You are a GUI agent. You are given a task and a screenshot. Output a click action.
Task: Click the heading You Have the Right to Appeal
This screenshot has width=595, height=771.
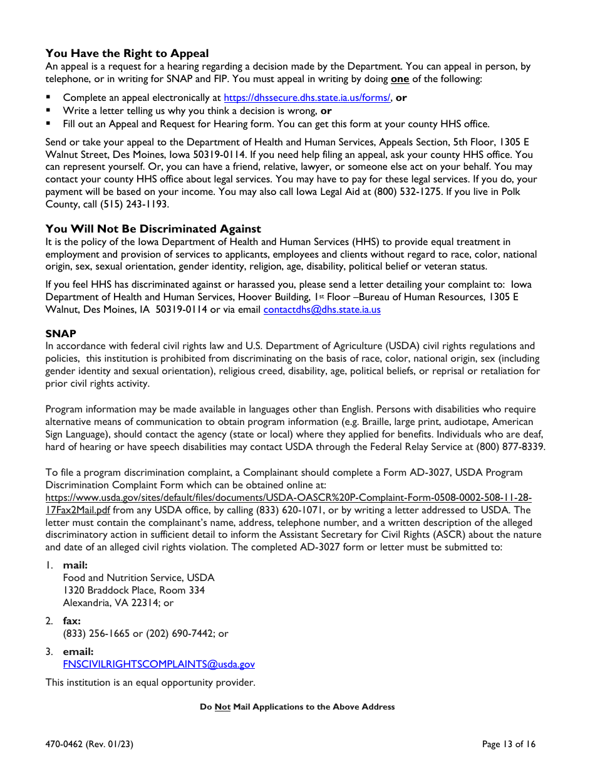pos(127,53)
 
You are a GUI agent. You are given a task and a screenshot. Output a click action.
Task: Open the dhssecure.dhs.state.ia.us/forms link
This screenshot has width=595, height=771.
pos(308,98)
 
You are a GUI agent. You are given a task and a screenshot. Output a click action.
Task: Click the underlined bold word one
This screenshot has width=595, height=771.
pos(400,79)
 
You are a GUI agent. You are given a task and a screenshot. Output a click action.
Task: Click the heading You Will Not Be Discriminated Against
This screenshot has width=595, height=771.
pos(153,229)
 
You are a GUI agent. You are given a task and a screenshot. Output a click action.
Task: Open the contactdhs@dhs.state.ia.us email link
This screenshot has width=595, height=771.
pos(322,310)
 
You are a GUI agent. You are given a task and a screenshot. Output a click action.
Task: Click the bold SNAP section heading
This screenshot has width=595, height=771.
pos(61,333)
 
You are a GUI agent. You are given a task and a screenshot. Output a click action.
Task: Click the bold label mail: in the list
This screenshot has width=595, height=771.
pos(75,565)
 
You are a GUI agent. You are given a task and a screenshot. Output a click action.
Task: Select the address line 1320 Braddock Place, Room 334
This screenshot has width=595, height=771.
pos(133,590)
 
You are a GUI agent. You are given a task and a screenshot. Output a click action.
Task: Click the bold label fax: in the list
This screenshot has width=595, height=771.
pos(71,621)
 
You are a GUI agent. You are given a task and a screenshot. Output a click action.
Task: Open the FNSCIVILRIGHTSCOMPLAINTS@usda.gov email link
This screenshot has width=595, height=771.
pos(158,664)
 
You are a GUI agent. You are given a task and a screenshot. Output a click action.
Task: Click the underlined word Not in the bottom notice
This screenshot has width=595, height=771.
pos(222,707)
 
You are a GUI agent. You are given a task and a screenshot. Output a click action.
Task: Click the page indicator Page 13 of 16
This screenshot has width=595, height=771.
pos(509,745)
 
